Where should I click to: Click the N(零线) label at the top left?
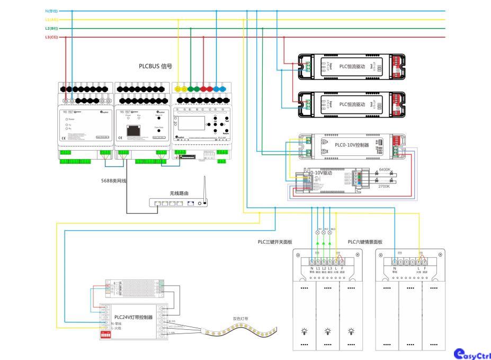coord(52,11)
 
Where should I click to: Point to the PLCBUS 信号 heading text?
coord(155,67)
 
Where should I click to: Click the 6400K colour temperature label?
coord(385,170)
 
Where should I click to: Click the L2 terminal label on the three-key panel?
coord(324,269)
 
